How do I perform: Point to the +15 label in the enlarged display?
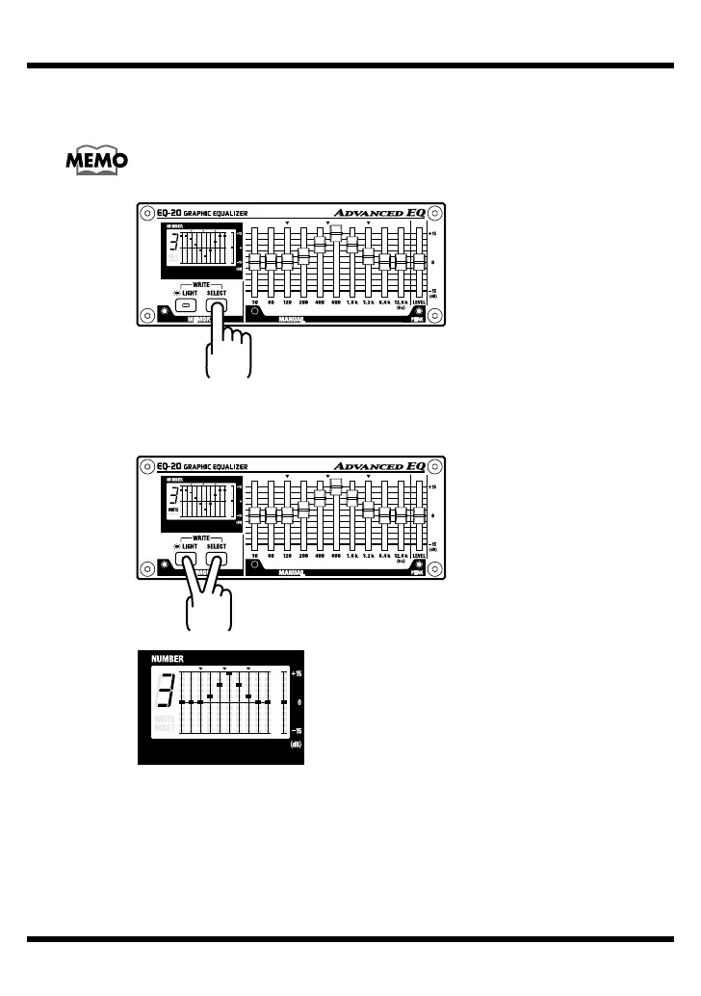[297, 673]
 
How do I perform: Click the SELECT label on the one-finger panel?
[217, 293]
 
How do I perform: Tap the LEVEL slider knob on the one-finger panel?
[419, 261]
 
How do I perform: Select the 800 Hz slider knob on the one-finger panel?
[336, 232]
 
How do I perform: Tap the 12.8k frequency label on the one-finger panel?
[402, 302]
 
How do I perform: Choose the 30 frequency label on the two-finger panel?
[255, 557]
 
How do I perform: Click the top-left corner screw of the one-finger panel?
[143, 213]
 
